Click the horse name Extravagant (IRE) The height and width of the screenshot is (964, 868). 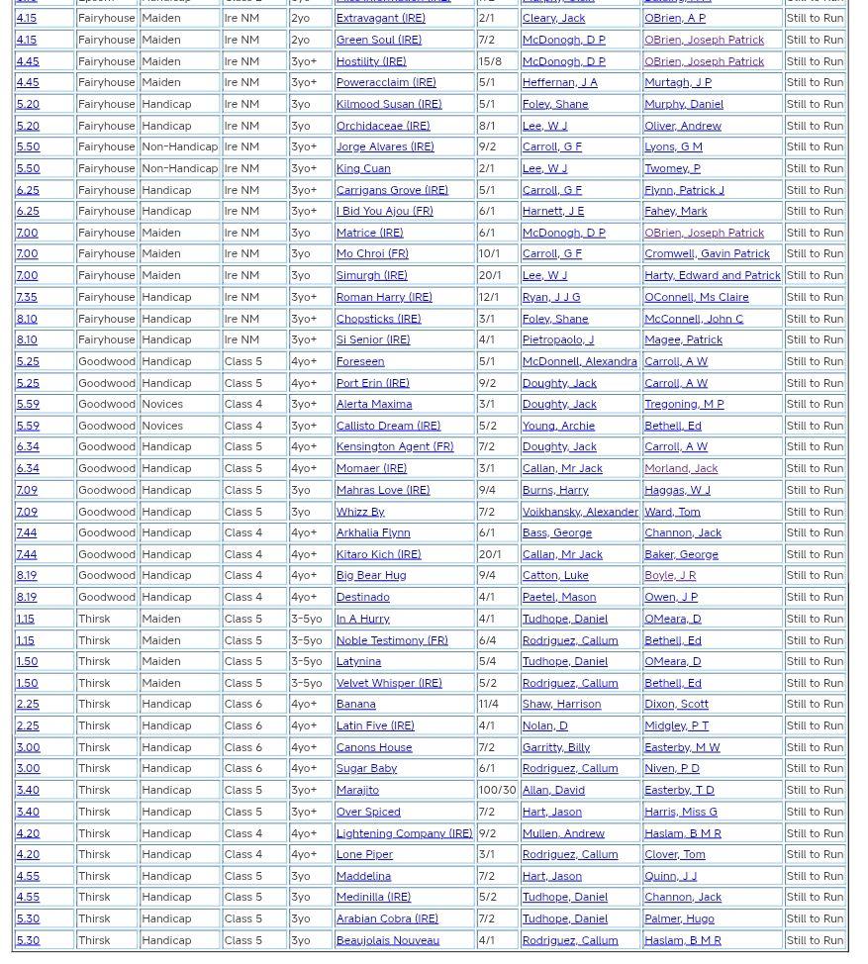click(x=380, y=18)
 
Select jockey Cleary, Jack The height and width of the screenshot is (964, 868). click(x=553, y=18)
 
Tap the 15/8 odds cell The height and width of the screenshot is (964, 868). click(x=490, y=60)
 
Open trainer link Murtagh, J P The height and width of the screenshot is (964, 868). click(x=677, y=82)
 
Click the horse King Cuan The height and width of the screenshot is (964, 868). click(x=362, y=168)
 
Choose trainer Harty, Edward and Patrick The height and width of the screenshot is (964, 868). click(x=712, y=275)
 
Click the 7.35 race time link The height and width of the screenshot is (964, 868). click(x=27, y=297)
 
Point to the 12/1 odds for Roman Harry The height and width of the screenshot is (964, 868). click(x=489, y=297)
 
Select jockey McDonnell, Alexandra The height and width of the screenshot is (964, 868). click(x=579, y=361)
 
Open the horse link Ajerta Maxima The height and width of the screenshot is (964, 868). click(x=373, y=404)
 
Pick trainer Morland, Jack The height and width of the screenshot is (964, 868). click(x=680, y=468)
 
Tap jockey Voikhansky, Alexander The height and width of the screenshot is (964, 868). click(x=580, y=512)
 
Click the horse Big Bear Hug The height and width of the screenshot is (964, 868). click(x=370, y=575)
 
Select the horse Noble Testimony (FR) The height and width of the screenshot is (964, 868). click(x=391, y=640)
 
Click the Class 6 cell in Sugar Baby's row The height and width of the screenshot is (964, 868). click(x=242, y=768)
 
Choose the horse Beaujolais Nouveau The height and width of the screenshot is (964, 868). click(x=387, y=940)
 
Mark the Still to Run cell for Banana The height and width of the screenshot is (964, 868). click(x=815, y=704)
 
